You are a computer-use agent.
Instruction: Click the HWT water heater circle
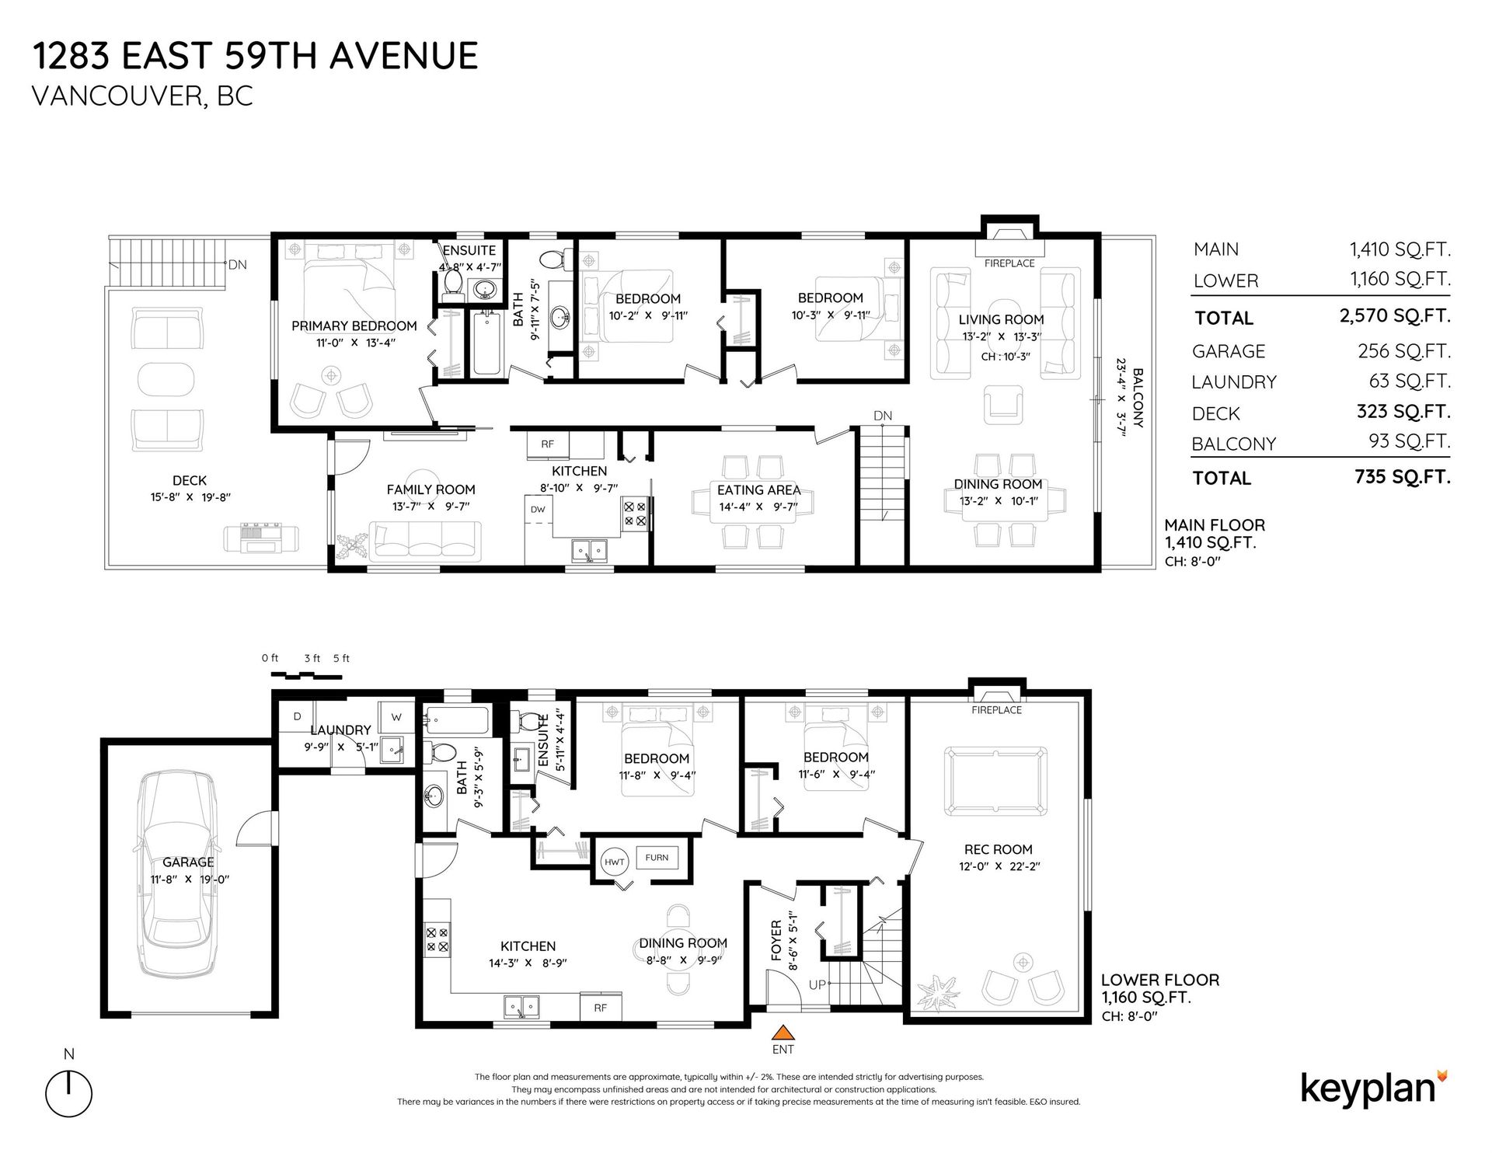pyautogui.click(x=615, y=862)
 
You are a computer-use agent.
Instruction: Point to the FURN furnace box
pyautogui.click(x=657, y=857)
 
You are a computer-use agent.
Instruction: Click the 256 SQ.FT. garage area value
pyautogui.click(x=1404, y=350)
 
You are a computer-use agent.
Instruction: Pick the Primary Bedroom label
pyautogui.click(x=354, y=326)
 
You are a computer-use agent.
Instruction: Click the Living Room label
pyautogui.click(x=1001, y=319)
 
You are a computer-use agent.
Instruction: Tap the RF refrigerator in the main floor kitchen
pyautogui.click(x=548, y=444)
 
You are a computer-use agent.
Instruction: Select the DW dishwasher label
pyautogui.click(x=538, y=510)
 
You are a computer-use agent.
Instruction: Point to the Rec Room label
pyautogui.click(x=998, y=849)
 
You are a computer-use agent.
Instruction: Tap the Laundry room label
pyautogui.click(x=340, y=730)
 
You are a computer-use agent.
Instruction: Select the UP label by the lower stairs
pyautogui.click(x=817, y=985)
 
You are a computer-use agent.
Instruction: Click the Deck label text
pyautogui.click(x=190, y=481)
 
